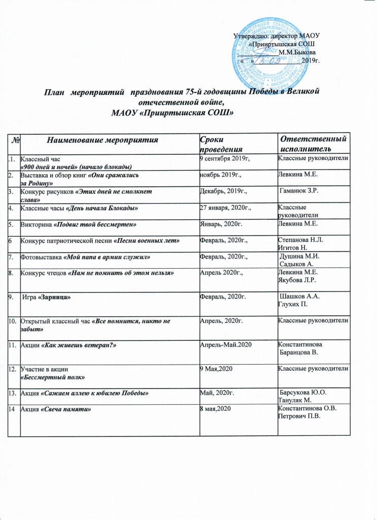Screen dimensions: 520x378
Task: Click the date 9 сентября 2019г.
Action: pyautogui.click(x=226, y=159)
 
